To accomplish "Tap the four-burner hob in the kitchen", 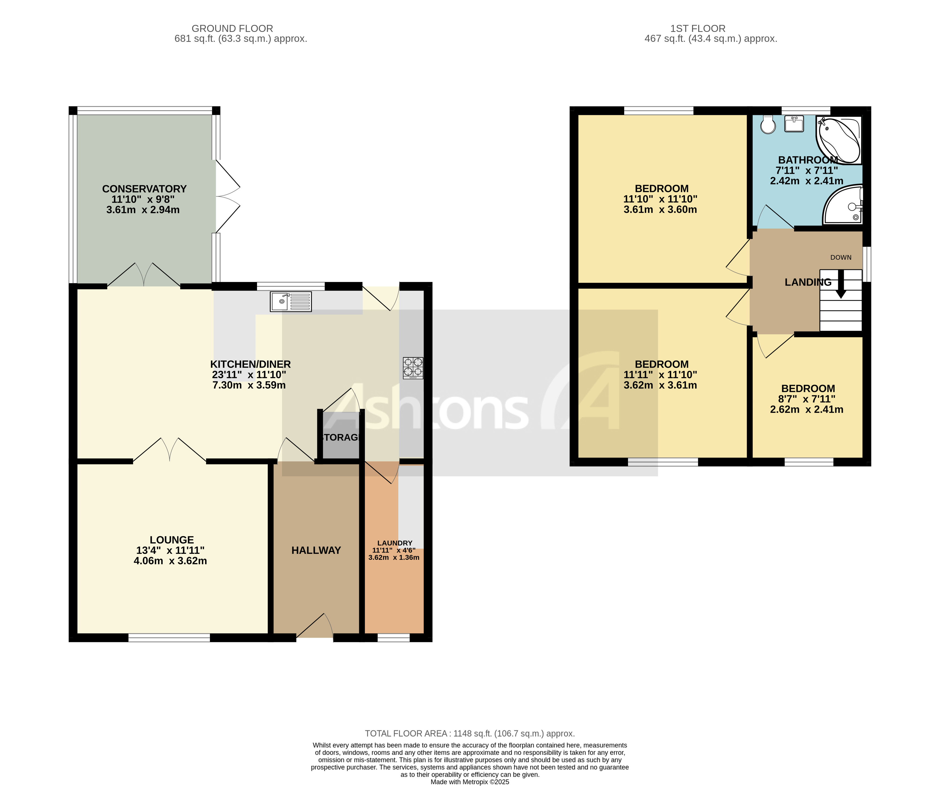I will pos(413,368).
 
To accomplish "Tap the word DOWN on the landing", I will pos(841,257).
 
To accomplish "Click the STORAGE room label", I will pos(340,437).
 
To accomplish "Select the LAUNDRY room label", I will pos(394,543).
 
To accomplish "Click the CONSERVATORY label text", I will pos(144,189).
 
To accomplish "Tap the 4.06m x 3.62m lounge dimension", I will pos(170,561).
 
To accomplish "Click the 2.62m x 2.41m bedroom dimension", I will pos(806,410).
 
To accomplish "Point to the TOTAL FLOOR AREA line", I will pos(470,734).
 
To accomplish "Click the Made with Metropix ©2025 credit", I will pos(470,782).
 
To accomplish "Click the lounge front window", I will pos(169,638).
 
